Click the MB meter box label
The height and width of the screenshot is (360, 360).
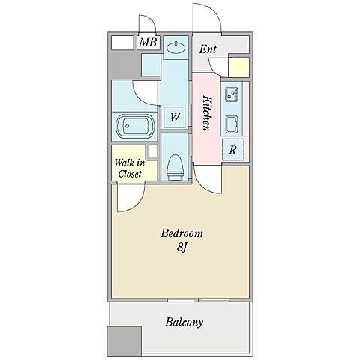[148, 42]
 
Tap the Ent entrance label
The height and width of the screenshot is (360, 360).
[208, 49]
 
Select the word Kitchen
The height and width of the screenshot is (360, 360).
[207, 113]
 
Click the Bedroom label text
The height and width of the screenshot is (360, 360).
[181, 233]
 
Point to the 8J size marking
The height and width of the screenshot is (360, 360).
[182, 247]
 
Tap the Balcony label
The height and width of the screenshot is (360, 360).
[184, 322]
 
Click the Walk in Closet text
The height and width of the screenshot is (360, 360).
[130, 169]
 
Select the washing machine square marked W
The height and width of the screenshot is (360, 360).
[175, 117]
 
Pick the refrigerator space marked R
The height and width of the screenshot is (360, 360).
[233, 150]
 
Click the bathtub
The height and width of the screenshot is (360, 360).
[134, 127]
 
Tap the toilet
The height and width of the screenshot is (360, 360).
[175, 167]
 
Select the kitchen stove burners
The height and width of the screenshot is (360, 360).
[232, 94]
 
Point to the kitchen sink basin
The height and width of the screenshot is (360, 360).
[232, 124]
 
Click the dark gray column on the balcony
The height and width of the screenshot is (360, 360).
[124, 342]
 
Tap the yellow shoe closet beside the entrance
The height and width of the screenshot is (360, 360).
[239, 67]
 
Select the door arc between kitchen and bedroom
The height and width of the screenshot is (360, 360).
[205, 187]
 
